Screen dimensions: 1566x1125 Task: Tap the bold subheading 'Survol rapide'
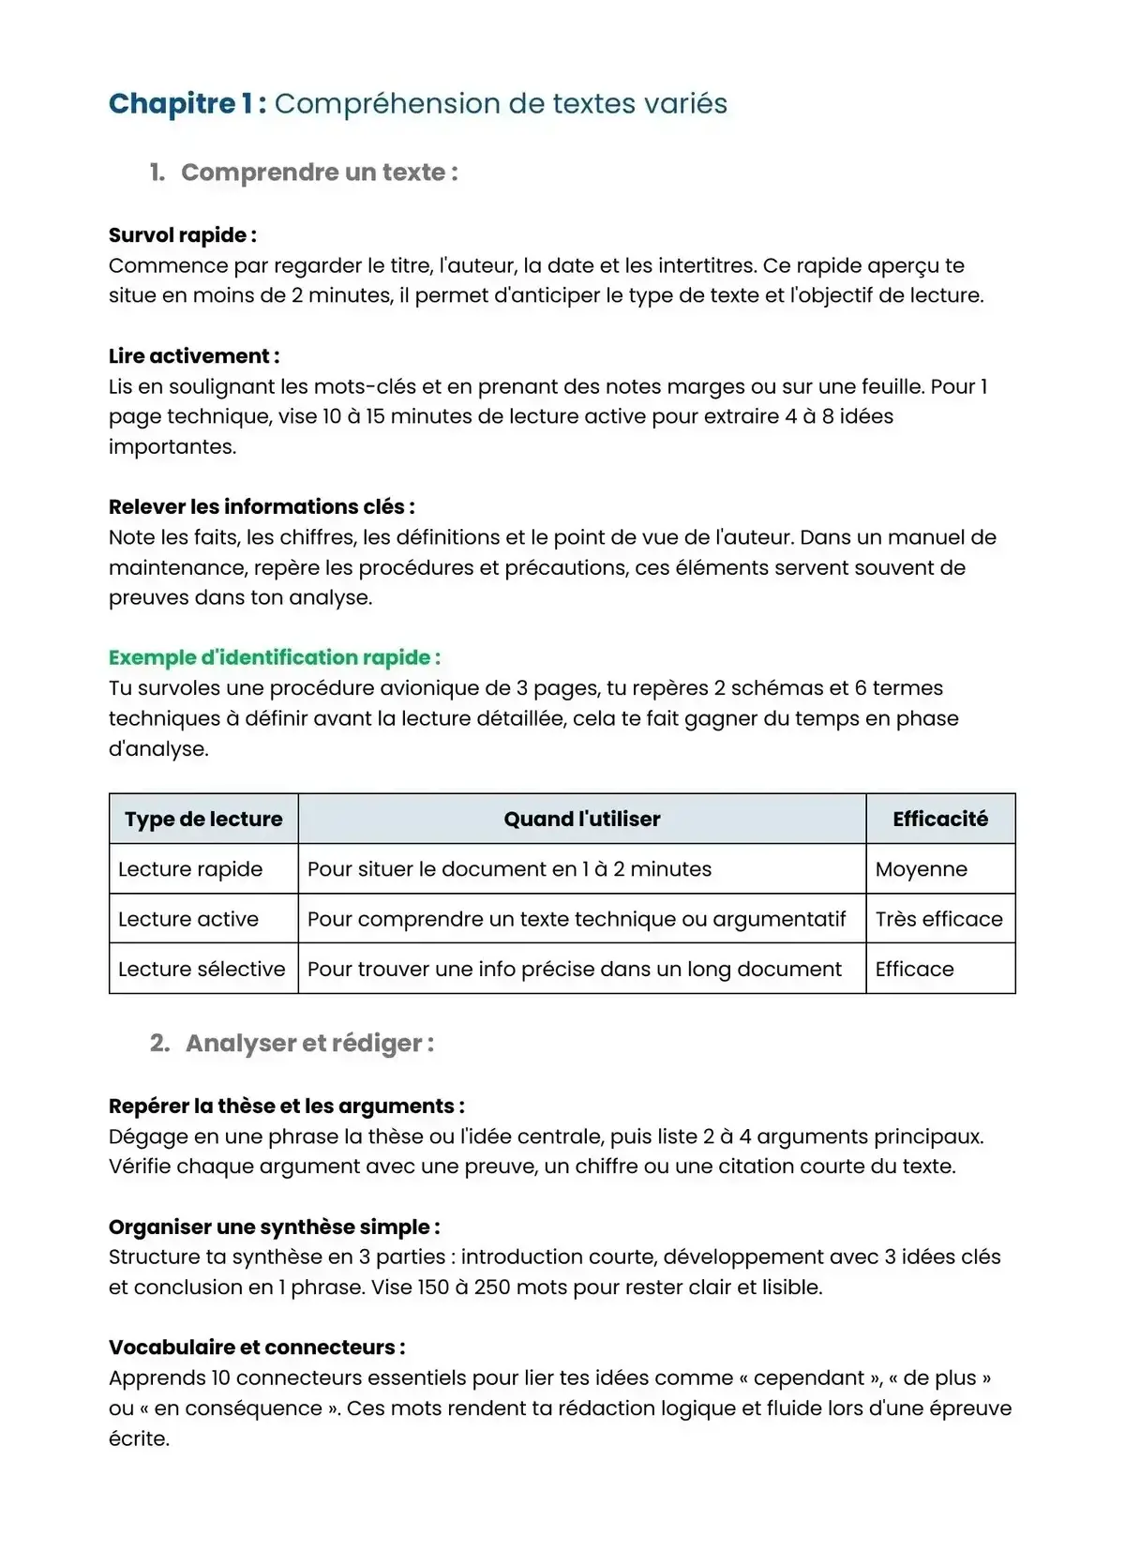(x=182, y=235)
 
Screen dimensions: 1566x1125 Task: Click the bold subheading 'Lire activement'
(x=193, y=356)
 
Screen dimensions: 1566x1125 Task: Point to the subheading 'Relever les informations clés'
(x=261, y=507)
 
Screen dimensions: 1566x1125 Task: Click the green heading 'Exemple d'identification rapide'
(x=274, y=657)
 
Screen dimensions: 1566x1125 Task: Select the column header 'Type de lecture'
(x=203, y=819)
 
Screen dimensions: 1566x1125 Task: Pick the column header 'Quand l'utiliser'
(x=581, y=819)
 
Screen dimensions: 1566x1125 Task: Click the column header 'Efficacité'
(x=939, y=819)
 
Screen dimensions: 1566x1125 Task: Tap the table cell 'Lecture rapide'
(x=190, y=869)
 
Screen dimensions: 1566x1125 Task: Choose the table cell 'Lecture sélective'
(x=202, y=969)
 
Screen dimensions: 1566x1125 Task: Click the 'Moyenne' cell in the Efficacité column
(x=921, y=869)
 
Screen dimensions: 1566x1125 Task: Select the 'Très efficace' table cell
(x=938, y=919)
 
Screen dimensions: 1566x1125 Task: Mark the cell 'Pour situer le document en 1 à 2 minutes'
(x=509, y=869)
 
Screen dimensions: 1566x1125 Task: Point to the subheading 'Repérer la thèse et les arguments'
(x=286, y=1107)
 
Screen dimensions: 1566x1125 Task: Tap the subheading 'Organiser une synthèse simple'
(x=274, y=1227)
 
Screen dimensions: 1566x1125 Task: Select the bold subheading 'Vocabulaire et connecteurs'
(x=256, y=1348)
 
